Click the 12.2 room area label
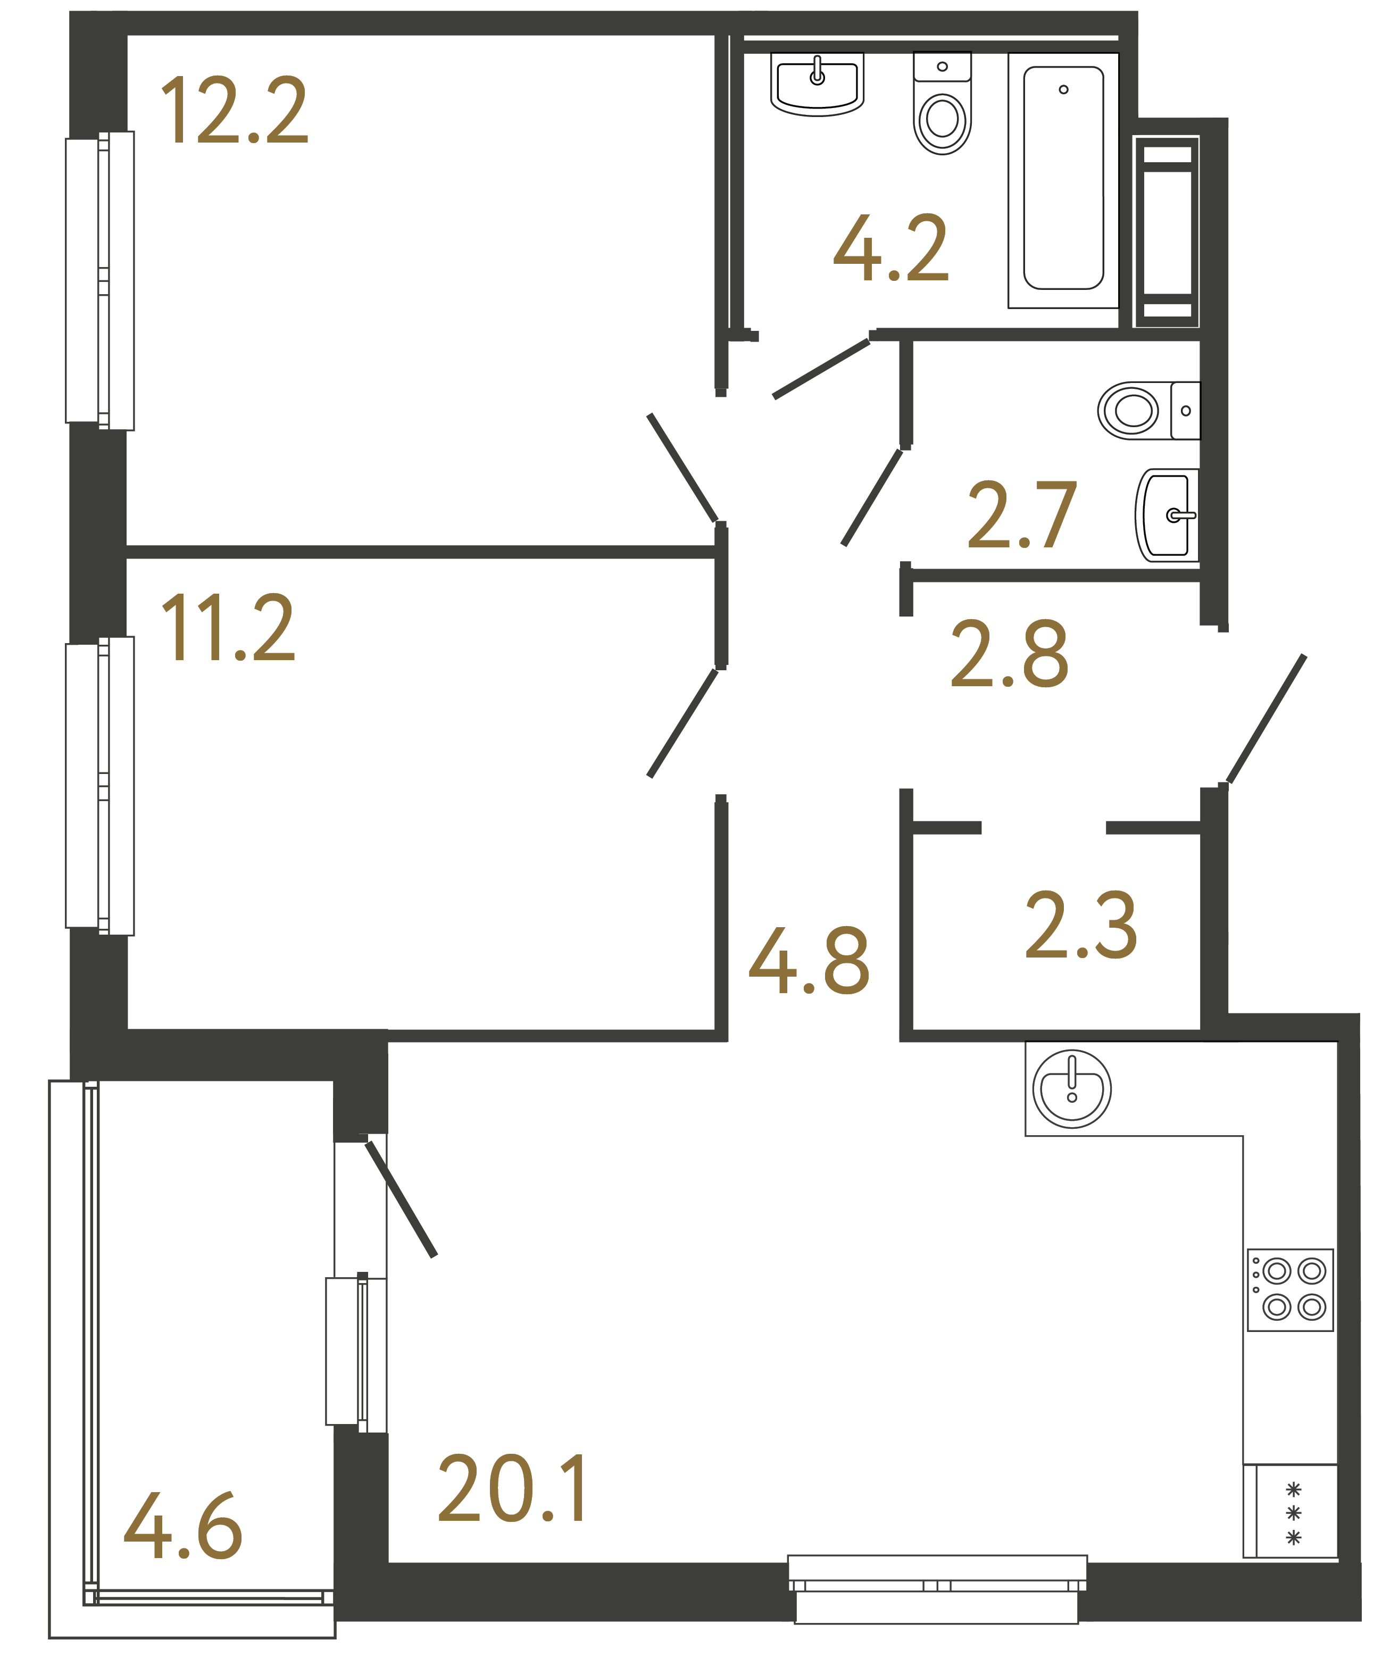(x=234, y=111)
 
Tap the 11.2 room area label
(x=228, y=629)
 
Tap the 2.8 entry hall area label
(x=1009, y=654)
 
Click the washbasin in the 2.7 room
(x=1167, y=515)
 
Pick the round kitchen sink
(x=1071, y=1088)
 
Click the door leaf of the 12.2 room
(x=682, y=468)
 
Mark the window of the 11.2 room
(x=100, y=786)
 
